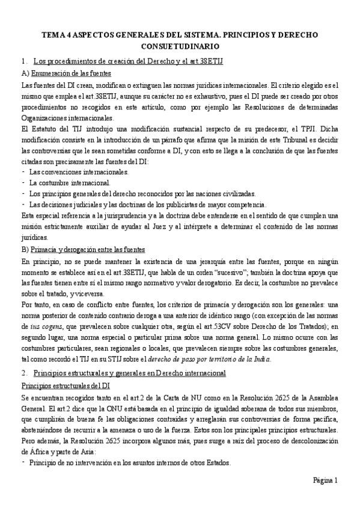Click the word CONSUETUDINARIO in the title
point(180,46)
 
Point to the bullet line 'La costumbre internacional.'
point(69,182)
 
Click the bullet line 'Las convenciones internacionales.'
point(78,172)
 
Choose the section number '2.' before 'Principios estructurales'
point(23,373)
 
